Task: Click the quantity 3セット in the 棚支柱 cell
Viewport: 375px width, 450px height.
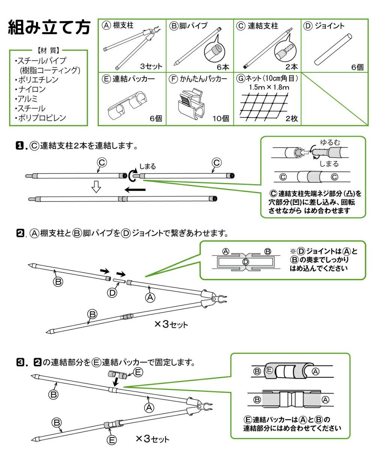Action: [x=151, y=67]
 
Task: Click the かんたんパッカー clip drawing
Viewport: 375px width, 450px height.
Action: [x=191, y=105]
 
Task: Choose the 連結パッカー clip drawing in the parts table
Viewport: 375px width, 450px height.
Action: [x=126, y=105]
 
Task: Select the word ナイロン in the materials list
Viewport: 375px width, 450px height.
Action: [x=32, y=89]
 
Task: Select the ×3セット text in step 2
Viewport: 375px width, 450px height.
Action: [x=171, y=324]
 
